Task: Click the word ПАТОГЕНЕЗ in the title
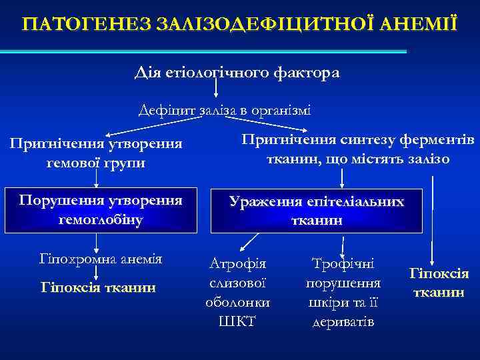(87, 25)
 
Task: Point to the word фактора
(307, 73)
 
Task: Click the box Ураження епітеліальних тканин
(317, 210)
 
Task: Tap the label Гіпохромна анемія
(100, 259)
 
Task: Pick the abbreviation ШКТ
(237, 322)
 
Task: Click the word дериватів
(343, 322)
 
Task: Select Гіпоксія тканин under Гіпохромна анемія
(99, 287)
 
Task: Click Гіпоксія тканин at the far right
(438, 283)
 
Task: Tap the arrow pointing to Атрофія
(251, 241)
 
